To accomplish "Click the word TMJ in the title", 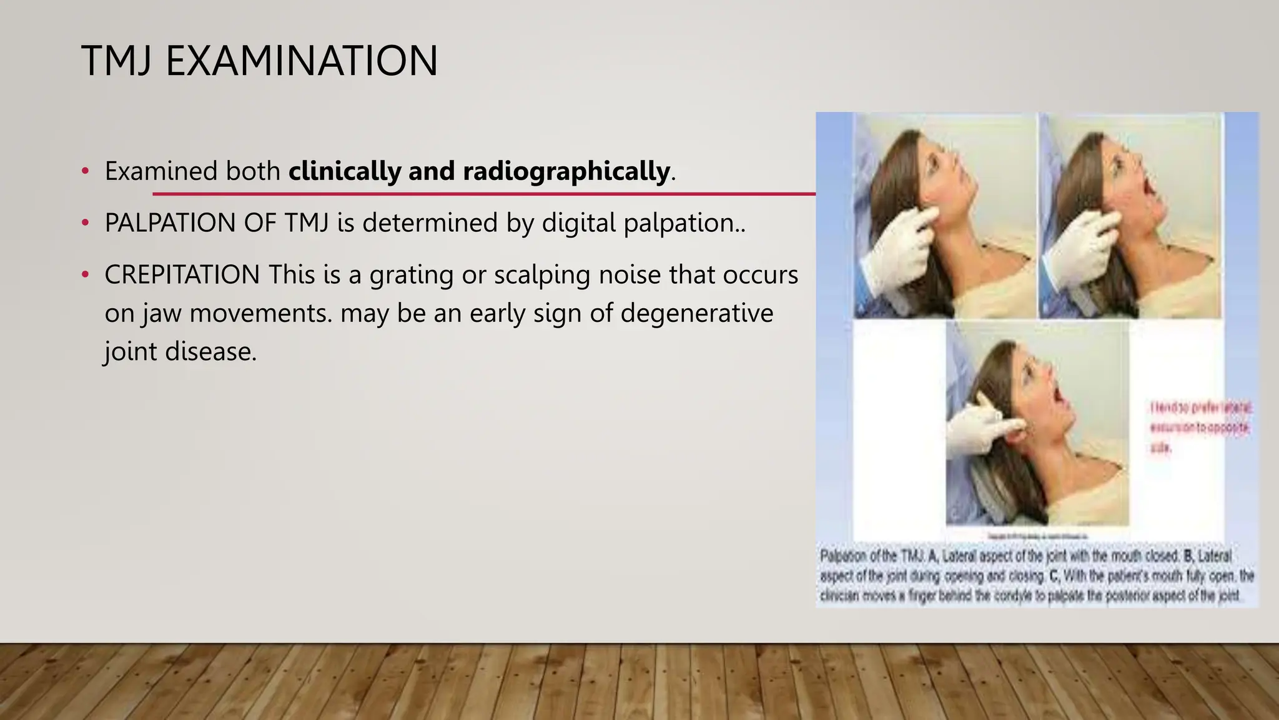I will [x=117, y=61].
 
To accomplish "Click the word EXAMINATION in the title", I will [x=302, y=61].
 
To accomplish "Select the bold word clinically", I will [x=344, y=171].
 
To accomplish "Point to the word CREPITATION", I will [x=182, y=275].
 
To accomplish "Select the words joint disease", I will [x=180, y=351].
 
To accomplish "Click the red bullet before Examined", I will [x=86, y=171].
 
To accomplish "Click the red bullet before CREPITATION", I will [x=86, y=275].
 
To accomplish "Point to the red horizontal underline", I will [x=484, y=194].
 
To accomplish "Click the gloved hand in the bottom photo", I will [x=974, y=431].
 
